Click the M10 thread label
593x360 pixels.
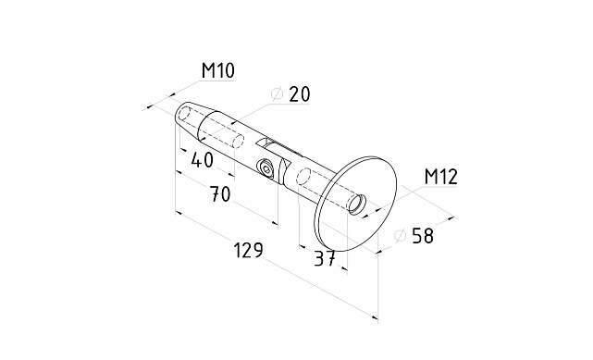(x=217, y=70)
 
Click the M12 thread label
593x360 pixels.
(x=441, y=177)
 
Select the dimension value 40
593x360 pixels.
(x=203, y=160)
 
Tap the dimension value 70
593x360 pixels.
(x=220, y=194)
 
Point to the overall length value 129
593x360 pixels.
(x=248, y=251)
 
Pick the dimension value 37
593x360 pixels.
(x=325, y=258)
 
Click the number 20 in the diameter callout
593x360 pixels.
(x=300, y=94)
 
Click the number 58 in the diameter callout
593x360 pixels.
(x=423, y=235)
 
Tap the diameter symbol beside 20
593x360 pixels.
(x=278, y=94)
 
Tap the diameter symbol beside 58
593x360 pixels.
(x=400, y=235)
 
